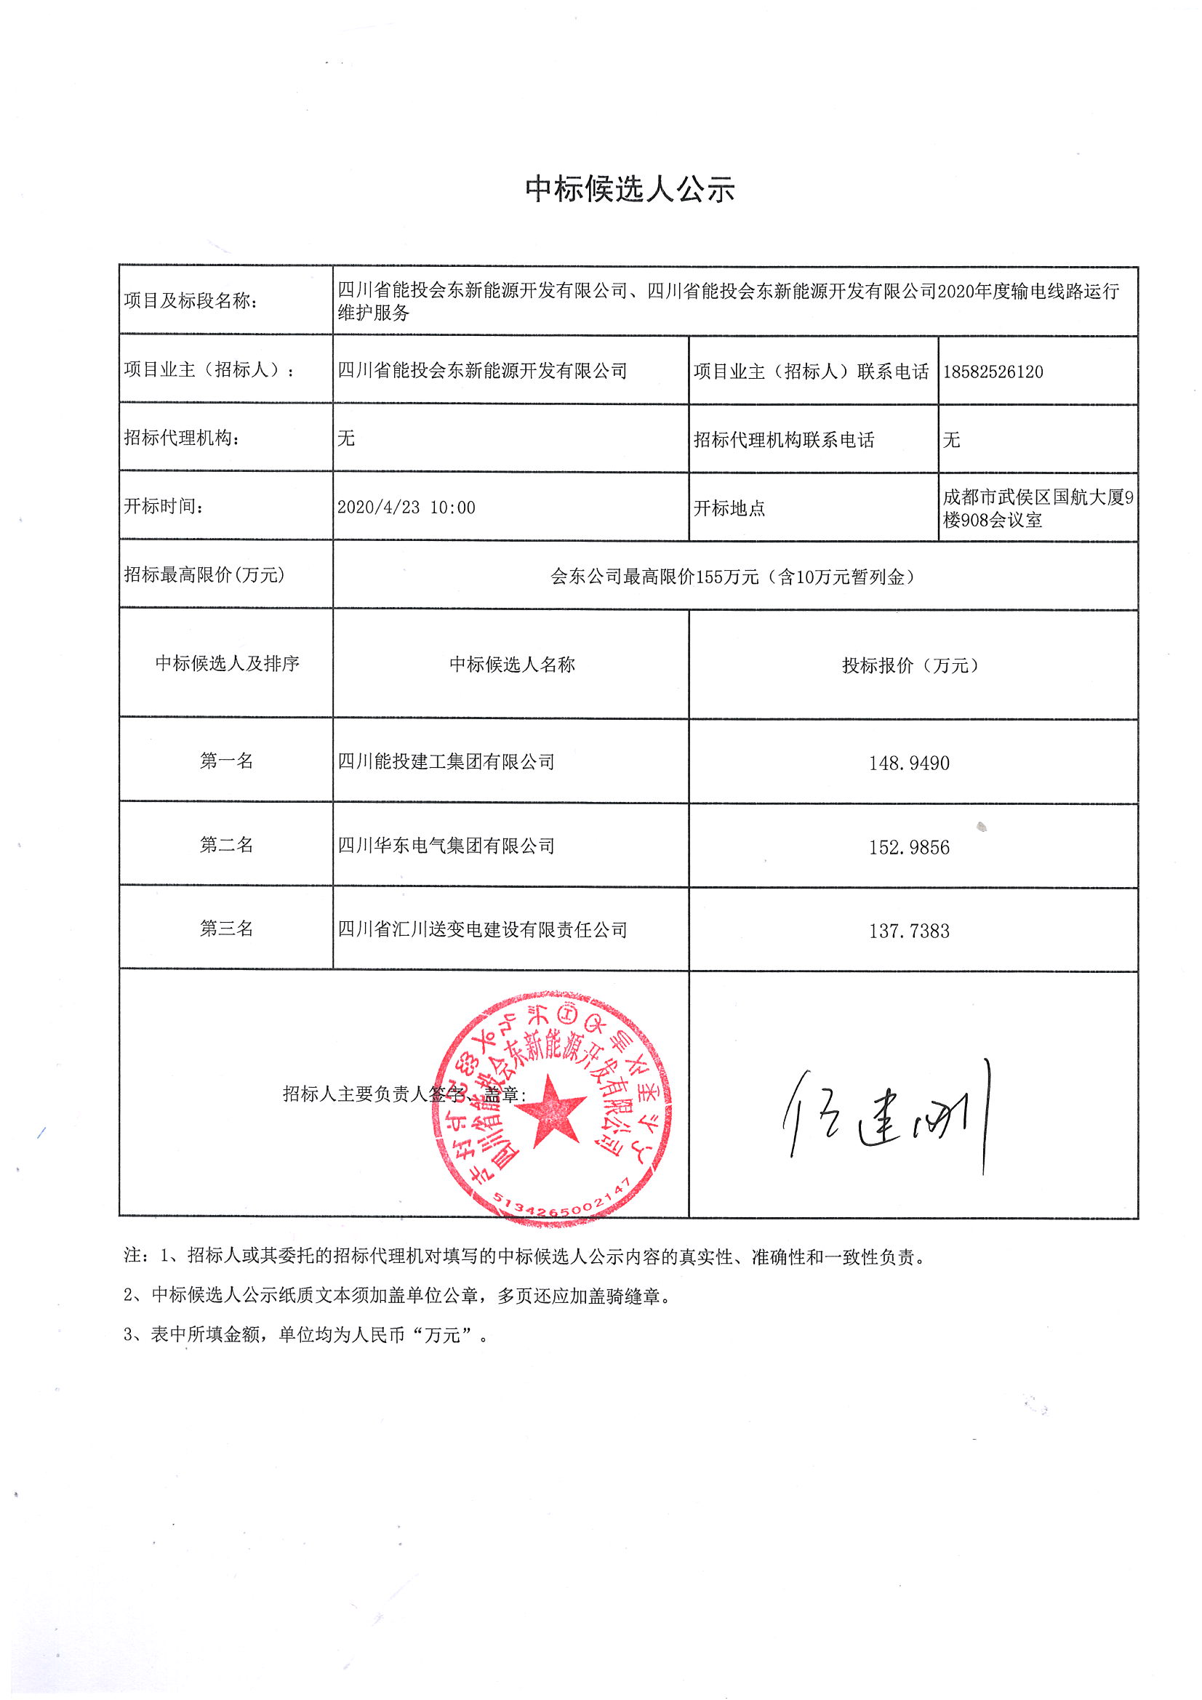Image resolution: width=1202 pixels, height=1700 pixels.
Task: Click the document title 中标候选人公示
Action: [630, 191]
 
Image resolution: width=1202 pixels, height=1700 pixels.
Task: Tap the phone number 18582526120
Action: [993, 372]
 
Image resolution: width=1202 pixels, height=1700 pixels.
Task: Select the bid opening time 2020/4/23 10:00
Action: [406, 508]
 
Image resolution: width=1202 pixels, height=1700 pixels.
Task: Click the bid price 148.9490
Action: [909, 763]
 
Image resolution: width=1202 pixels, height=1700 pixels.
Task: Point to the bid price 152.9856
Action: [909, 847]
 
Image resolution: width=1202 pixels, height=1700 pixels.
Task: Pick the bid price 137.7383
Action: [909, 931]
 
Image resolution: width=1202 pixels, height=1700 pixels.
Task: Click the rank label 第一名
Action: [226, 761]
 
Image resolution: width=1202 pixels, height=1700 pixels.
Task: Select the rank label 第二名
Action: [226, 845]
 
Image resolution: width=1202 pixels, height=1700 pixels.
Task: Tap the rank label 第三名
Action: [226, 929]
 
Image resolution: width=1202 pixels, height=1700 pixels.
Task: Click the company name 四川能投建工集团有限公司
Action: [446, 761]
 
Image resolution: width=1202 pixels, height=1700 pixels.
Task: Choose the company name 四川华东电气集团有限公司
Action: [446, 846]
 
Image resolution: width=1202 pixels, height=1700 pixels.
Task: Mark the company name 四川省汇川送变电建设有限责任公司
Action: [482, 929]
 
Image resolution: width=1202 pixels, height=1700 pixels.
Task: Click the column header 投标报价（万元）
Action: [910, 665]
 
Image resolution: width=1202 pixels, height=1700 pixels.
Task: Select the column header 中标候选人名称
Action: [512, 664]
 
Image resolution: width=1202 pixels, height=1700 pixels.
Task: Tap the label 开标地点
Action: [729, 508]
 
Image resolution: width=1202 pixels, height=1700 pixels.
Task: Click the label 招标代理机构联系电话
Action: [784, 440]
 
